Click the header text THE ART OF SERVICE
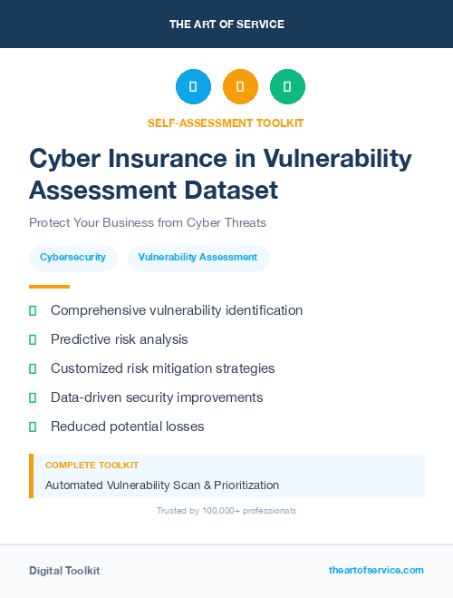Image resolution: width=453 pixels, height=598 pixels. [226, 25]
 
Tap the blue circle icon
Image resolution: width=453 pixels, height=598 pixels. [193, 86]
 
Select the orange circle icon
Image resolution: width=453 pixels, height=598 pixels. [240, 86]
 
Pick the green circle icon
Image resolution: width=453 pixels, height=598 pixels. [287, 86]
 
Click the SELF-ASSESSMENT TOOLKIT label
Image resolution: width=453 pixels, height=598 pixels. [226, 123]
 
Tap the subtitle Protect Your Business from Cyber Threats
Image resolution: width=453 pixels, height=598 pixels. [148, 222]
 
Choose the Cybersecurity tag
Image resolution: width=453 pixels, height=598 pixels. [73, 258]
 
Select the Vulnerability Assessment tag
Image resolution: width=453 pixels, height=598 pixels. [198, 258]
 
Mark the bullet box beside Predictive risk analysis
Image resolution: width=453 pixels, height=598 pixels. [33, 339]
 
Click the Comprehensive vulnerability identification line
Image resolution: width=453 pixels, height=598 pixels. [177, 310]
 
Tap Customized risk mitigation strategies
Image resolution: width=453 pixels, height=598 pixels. [162, 368]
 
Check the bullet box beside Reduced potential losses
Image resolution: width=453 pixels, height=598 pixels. [33, 426]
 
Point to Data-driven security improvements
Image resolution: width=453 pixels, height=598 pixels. [157, 397]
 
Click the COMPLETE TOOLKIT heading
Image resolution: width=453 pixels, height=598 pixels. [92, 465]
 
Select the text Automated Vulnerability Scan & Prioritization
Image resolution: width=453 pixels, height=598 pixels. [162, 485]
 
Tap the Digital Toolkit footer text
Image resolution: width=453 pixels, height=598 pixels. [64, 570]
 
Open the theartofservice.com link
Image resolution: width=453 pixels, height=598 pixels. [376, 570]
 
